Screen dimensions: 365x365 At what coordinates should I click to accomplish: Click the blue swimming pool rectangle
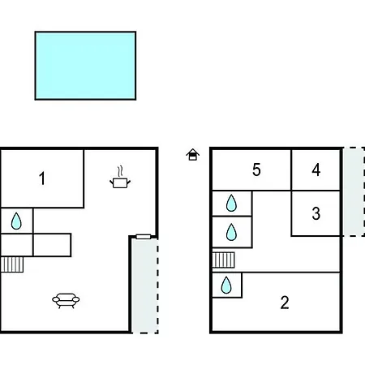coord(85,66)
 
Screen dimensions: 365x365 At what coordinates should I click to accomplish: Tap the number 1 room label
coord(42,178)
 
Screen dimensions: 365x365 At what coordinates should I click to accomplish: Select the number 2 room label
coord(285,303)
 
